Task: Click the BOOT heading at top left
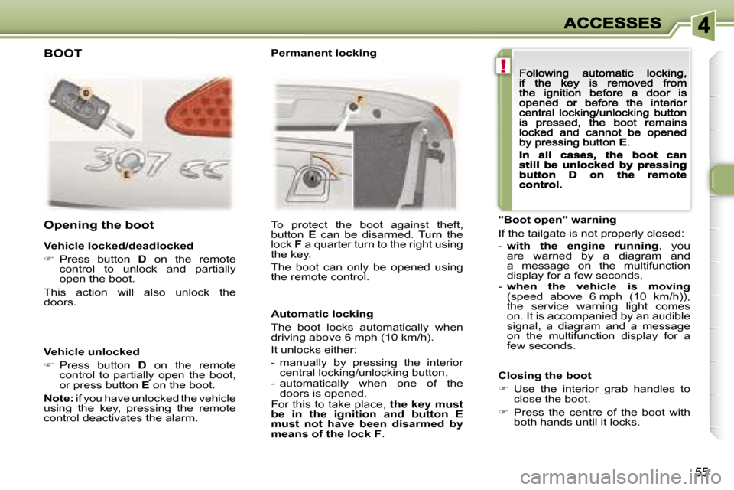(63, 54)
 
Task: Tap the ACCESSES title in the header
(612, 23)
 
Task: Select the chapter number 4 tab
(703, 24)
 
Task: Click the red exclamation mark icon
(503, 66)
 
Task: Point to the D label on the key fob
(86, 93)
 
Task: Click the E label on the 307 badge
(126, 175)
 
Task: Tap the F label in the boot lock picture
(360, 100)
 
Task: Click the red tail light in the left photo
(200, 109)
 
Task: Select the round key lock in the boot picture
(310, 178)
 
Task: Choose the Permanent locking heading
(324, 53)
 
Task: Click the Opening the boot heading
(99, 225)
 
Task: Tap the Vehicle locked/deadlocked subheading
(119, 246)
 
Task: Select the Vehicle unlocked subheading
(92, 351)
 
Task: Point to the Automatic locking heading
(322, 314)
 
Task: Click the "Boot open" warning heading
(557, 220)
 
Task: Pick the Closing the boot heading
(545, 375)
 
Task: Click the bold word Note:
(59, 398)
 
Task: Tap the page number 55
(701, 471)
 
